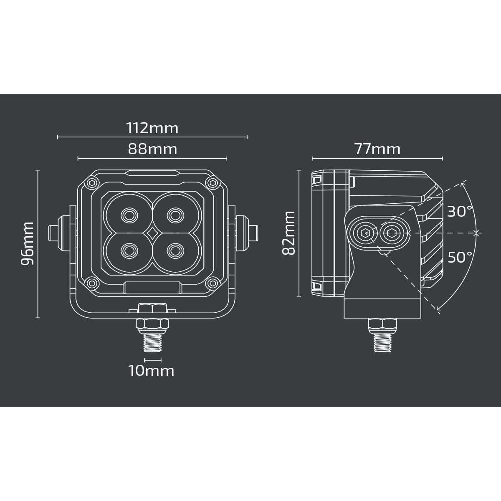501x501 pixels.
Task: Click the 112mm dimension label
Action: [152, 128]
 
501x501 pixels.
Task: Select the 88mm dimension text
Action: [152, 149]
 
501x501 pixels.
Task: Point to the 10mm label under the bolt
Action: [151, 371]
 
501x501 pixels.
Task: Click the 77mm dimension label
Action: [377, 149]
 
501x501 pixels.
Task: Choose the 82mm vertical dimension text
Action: [288, 233]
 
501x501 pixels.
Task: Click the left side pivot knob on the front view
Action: [58, 233]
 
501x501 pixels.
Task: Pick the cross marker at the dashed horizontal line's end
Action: [476, 233]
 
